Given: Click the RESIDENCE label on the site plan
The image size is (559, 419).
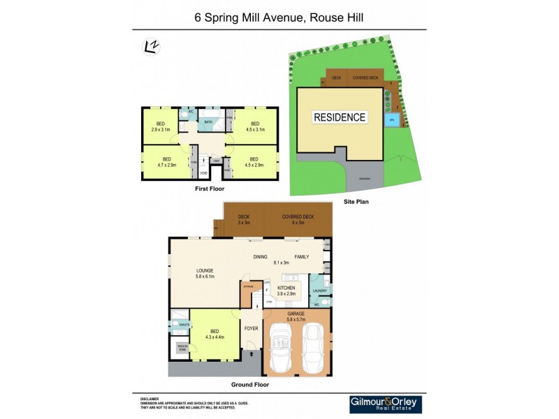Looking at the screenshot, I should coord(340,117).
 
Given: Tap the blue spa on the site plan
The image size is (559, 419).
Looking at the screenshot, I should coord(393,119).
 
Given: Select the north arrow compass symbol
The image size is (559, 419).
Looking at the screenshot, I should coord(149,47).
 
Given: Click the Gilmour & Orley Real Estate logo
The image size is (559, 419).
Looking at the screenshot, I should coord(386,404).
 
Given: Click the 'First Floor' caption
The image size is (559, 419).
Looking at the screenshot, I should coord(210,189).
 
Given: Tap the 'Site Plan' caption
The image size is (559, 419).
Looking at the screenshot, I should coord(356,201).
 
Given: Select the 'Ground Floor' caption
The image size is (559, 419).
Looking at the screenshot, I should coord(249,384).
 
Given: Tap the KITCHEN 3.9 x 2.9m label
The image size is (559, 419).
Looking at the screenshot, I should coord(286,291).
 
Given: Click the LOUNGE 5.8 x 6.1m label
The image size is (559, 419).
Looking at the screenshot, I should coord(205,273).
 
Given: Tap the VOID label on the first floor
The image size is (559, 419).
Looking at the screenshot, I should coord(203,173).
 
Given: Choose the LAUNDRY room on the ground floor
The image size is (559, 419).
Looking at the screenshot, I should coord(320,291).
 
